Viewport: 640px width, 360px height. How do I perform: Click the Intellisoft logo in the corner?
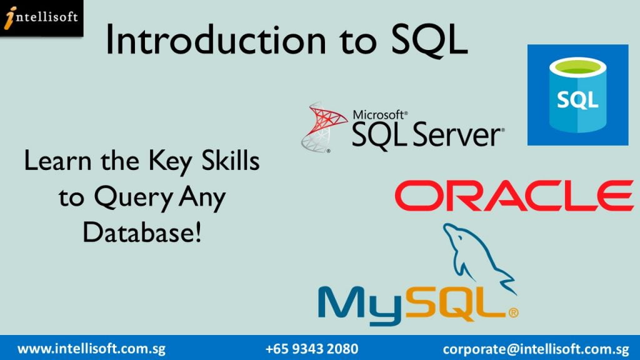41,18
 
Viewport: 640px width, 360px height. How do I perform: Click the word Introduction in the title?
216,40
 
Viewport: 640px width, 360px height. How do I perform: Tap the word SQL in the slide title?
429,41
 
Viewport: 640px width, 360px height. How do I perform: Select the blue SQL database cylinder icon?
577,95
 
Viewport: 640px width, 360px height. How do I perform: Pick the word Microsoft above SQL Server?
380,115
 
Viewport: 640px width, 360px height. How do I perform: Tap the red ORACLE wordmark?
514,196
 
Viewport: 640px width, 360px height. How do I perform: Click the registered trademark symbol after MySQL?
514,313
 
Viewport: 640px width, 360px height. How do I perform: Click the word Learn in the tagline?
58,161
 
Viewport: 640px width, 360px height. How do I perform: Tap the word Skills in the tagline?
231,161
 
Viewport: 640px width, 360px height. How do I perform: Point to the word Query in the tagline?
134,198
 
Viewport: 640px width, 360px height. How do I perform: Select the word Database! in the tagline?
142,232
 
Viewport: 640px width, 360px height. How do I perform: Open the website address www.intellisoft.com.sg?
91,349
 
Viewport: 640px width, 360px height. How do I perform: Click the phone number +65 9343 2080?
312,349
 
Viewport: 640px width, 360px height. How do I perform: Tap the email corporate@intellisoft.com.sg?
536,349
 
